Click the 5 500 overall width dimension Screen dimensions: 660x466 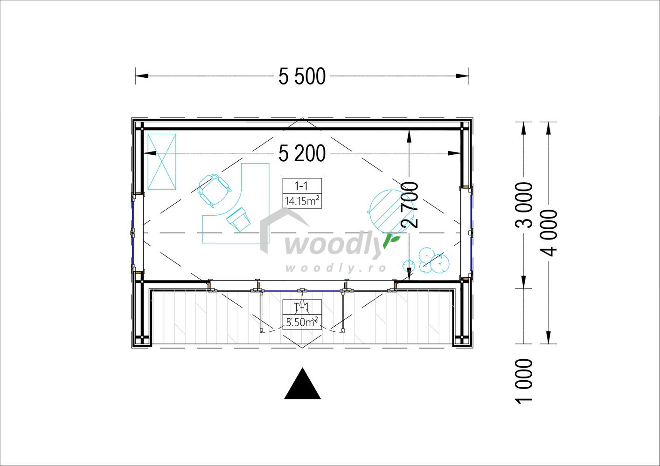point(302,76)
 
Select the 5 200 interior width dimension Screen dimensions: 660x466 point(302,153)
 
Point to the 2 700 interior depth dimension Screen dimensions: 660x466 point(410,205)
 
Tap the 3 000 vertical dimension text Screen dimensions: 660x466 point(524,205)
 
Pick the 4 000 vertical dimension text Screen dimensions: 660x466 point(549,233)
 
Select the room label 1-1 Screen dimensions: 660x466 point(301,186)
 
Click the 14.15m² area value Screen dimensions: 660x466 point(302,201)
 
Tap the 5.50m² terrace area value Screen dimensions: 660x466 point(302,322)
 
